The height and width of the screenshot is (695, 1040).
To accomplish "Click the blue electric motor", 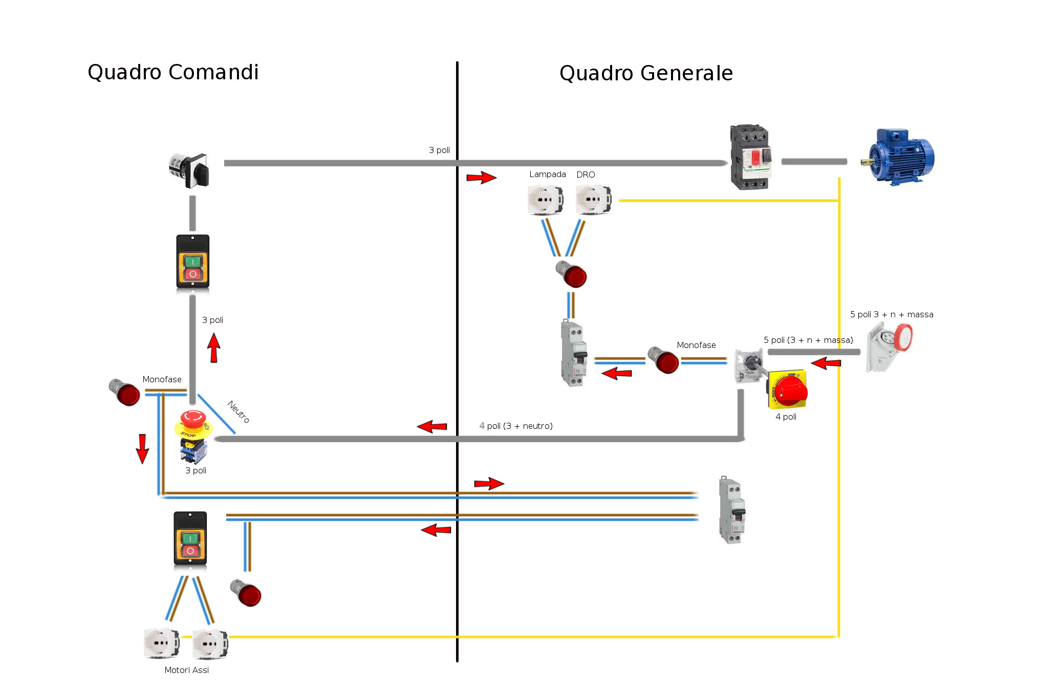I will coord(902,156).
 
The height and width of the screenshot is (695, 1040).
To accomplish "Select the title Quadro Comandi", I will coord(173,72).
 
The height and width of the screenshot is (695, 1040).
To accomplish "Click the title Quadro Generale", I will coord(646,73).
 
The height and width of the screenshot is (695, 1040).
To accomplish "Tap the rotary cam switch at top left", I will coord(190,170).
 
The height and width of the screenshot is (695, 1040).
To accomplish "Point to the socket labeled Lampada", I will coord(546,200).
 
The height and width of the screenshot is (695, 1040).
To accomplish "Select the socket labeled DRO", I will coord(593,200).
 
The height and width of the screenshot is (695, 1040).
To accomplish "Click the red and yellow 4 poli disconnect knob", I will coord(789,390).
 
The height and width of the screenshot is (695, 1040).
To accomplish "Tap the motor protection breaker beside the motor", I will coord(750,157).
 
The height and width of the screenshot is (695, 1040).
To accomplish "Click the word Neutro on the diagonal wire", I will coord(239,411).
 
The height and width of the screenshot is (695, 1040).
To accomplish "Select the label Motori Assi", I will coord(186,670).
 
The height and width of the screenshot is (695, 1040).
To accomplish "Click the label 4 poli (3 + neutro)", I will coord(515,426).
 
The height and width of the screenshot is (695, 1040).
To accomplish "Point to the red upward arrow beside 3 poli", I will coord(214,347).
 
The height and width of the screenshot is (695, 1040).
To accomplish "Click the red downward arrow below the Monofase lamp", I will coord(142,448).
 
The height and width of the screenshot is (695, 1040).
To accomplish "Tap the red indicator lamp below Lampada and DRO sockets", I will coord(572,274).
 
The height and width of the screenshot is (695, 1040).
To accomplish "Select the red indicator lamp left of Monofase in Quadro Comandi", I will coord(125,392).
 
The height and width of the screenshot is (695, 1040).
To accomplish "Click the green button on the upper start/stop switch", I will coord(192,262).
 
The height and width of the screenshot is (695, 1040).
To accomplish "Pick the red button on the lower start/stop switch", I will coord(190,551).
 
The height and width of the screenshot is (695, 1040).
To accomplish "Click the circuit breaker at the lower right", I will coord(732,510).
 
